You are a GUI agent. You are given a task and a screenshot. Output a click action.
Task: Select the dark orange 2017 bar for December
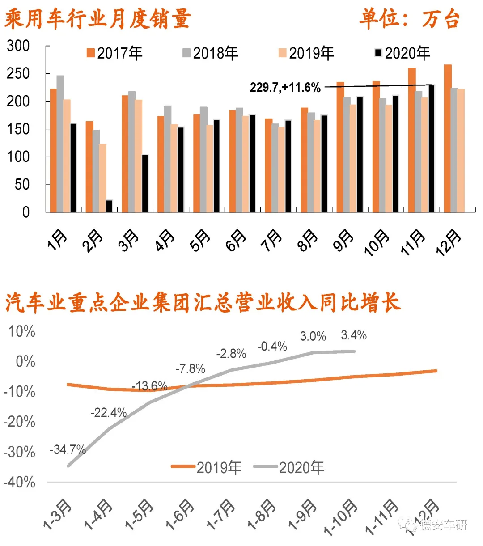pos(448,139)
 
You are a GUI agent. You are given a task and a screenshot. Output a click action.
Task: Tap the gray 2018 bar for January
pos(60,144)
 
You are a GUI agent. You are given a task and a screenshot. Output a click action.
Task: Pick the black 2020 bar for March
pos(145,183)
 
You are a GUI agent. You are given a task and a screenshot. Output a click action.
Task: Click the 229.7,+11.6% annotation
pos(285,87)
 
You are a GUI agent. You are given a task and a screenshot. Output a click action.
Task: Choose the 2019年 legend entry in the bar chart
pos(306,54)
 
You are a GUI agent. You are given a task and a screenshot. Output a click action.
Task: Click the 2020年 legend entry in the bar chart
pos(402,54)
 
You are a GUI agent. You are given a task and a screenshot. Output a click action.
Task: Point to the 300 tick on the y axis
pos(18,46)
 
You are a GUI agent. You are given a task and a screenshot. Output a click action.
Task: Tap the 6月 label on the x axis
pos(236,241)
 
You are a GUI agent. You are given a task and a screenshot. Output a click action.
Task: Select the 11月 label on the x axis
pos(412,242)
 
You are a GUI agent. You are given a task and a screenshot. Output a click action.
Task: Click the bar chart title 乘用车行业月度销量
pos(98,19)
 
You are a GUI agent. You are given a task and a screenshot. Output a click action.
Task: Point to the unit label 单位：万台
pos(409,19)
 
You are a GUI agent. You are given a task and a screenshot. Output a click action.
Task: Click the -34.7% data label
pos(68,449)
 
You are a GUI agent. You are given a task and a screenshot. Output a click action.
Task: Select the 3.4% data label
pos(354,335)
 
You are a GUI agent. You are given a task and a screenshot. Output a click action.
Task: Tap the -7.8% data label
pos(191,369)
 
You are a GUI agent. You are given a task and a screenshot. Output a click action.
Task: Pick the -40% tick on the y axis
pos(19,482)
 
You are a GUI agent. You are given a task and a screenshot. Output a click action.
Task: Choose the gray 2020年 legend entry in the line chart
pos(289,468)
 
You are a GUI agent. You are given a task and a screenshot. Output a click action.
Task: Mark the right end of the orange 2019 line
pos(436,371)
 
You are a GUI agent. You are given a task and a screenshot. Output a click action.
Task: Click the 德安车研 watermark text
pos(443,525)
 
